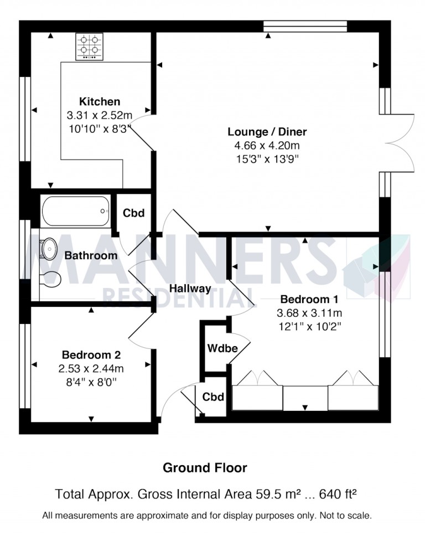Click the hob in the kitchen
[91, 46]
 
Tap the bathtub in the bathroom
[75, 211]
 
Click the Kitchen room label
[100, 102]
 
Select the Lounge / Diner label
[267, 132]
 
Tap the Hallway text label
[190, 288]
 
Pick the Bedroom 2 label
[91, 355]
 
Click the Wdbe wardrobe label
[222, 348]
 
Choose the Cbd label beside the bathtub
[133, 213]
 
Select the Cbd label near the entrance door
[212, 397]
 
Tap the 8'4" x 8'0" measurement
[91, 382]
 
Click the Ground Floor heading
[205, 468]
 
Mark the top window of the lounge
[305, 25]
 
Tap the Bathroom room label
[91, 255]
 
